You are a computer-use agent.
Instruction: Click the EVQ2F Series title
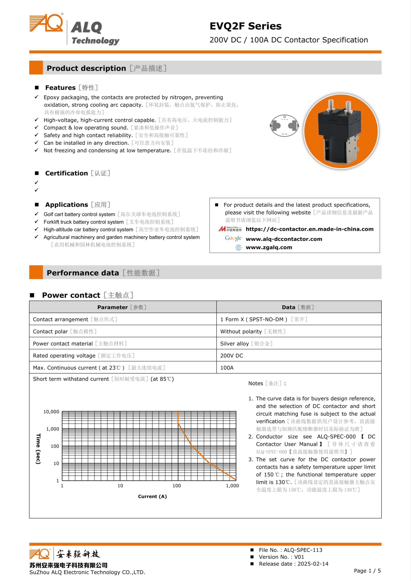[x=245, y=26]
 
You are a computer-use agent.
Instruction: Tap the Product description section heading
[x=86, y=68]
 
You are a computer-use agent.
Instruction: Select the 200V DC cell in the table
[x=231, y=356]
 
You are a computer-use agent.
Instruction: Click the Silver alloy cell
[x=235, y=343]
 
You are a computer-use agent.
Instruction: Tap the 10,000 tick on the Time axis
[x=51, y=412]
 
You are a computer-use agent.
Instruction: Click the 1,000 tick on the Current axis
[x=232, y=486]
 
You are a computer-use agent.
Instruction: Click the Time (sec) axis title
[x=38, y=449]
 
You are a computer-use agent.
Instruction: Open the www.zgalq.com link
[x=269, y=247]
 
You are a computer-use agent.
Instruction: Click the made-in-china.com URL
[x=309, y=229]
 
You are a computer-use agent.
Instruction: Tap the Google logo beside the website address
[x=233, y=238]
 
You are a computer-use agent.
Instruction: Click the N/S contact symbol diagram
[x=284, y=126]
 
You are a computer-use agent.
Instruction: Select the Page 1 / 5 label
[x=367, y=571]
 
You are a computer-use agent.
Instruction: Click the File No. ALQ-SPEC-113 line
[x=290, y=550]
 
